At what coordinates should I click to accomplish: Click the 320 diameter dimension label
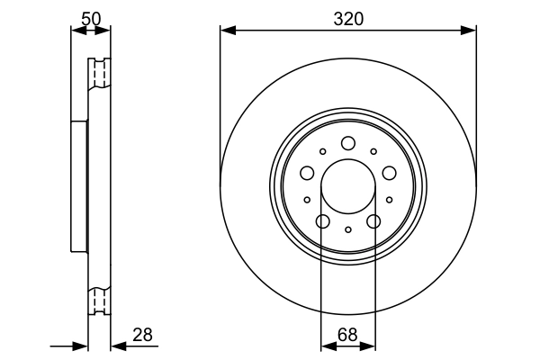pos(347,17)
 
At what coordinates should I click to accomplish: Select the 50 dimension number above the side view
pos(90,17)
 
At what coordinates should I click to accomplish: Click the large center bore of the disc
pos(347,186)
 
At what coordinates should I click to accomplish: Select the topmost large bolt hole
pos(347,143)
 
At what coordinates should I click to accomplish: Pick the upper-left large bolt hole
pos(307,173)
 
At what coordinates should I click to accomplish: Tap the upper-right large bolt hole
pos(389,173)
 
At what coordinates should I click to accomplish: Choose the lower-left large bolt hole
pos(322,220)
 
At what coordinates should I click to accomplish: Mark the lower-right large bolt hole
pos(373,220)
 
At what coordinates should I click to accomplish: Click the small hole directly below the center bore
pos(347,230)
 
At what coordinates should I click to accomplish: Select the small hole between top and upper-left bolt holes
pos(322,151)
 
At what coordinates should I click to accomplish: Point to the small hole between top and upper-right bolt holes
pos(373,151)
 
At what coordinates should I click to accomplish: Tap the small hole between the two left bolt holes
pos(307,200)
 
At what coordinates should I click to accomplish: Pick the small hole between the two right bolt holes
pos(389,200)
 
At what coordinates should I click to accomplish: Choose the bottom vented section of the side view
pos(99,299)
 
